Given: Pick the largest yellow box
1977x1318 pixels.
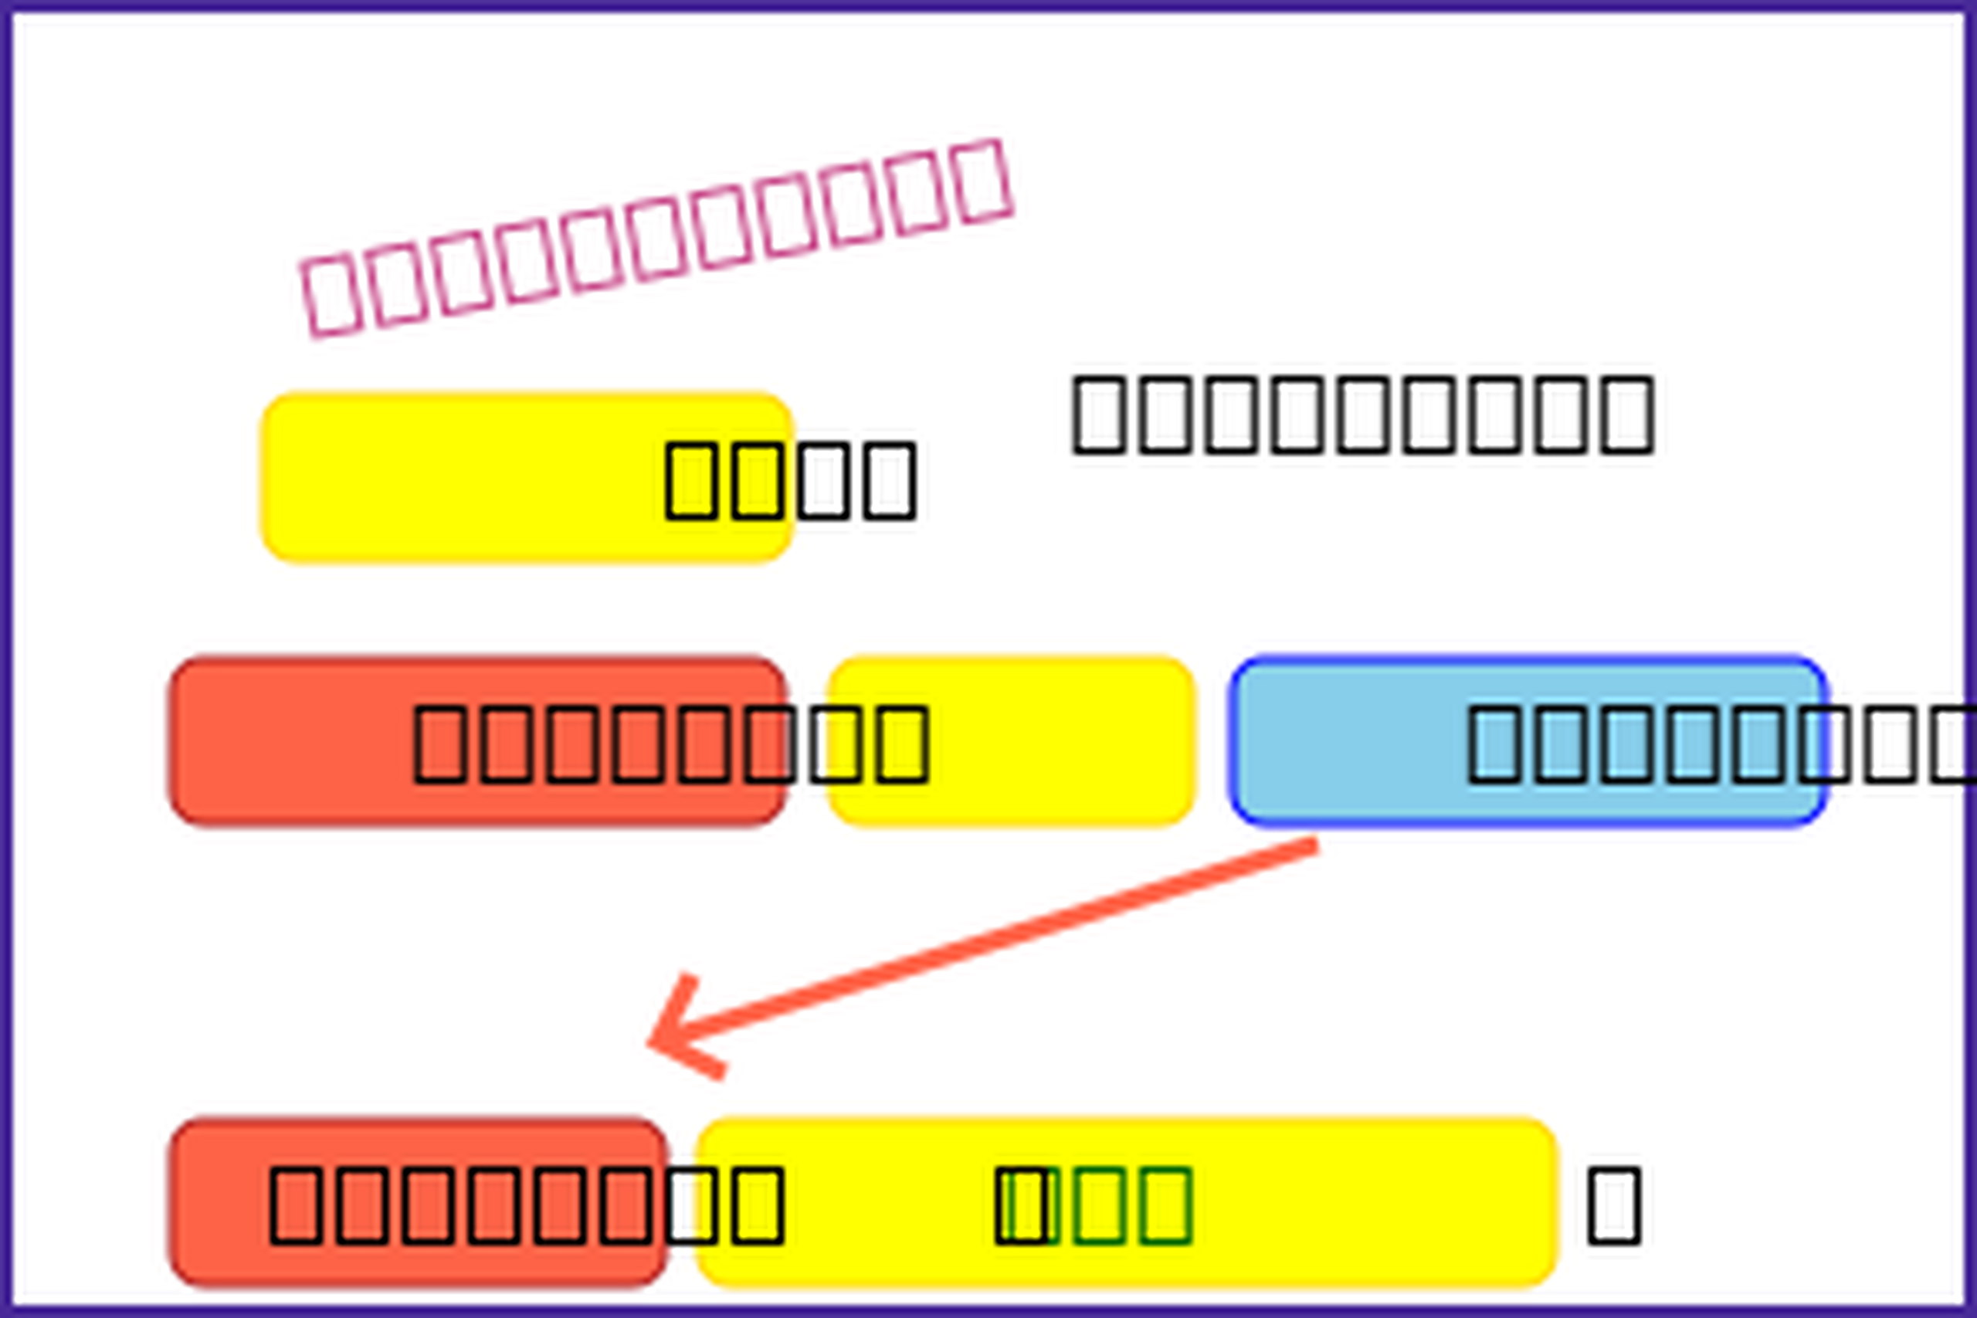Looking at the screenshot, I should (x=1127, y=1202).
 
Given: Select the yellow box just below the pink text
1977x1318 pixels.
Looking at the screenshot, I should (x=526, y=477).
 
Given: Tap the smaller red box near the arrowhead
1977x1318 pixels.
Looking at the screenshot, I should (x=418, y=1202).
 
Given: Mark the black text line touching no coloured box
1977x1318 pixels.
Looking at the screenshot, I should (x=1362, y=415).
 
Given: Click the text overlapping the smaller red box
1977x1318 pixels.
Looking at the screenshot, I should (x=526, y=1205).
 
